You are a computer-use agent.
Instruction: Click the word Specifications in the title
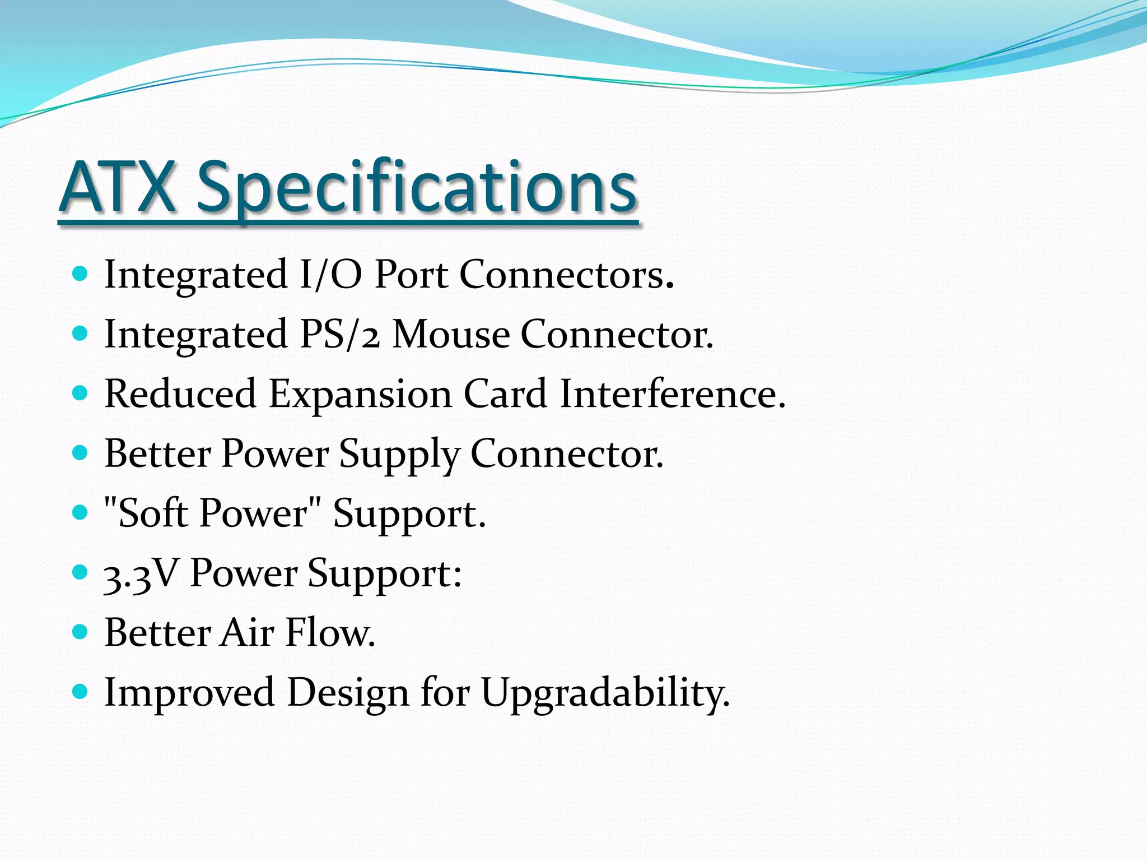tap(417, 187)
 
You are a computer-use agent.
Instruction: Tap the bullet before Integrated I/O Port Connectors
tap(81, 274)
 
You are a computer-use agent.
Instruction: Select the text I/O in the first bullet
tap(330, 275)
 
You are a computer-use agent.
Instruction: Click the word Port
tap(411, 275)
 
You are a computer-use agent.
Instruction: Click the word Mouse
tap(451, 335)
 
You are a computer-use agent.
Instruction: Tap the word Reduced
tap(180, 394)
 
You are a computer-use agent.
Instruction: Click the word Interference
tap(672, 394)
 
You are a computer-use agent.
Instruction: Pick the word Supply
tap(399, 454)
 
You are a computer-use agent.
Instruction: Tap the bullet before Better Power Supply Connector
tap(81, 453)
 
